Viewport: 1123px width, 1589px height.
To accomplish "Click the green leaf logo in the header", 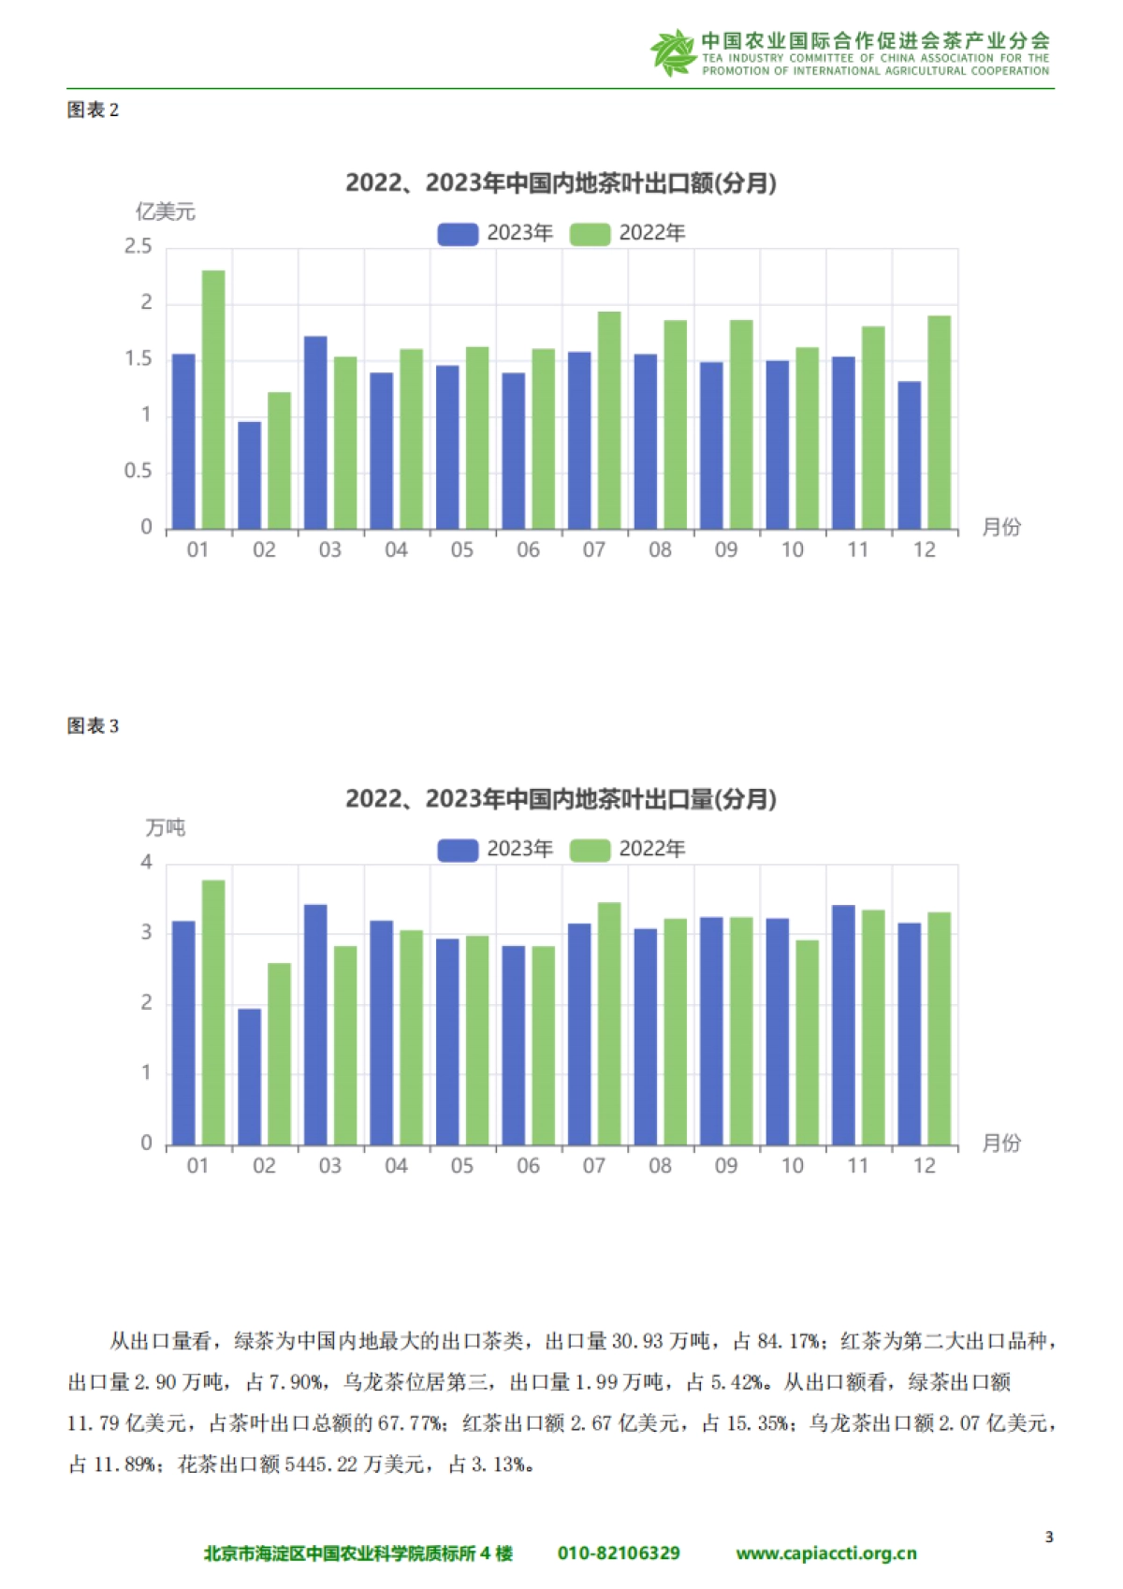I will pos(672,51).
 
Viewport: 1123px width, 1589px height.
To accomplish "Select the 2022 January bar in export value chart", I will pos(213,400).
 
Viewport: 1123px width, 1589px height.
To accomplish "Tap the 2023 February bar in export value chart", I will pos(250,475).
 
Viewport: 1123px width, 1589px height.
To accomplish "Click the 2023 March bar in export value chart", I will pos(315,432).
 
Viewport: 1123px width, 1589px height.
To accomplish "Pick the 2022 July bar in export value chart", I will pos(609,420).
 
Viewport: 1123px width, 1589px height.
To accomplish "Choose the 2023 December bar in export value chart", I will pos(910,455).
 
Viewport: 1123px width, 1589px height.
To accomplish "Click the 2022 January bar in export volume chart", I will pos(213,1012).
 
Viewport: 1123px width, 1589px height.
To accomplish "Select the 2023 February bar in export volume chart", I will pos(250,1076).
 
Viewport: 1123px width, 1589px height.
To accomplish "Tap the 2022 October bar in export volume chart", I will pos(807,1042).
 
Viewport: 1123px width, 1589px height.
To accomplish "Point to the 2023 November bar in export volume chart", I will pos(843,1025).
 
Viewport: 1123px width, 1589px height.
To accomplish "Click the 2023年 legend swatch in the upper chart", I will pos(458,234).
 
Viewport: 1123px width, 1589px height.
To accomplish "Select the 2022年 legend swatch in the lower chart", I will pos(590,850).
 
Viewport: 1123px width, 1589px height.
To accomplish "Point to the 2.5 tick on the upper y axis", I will pos(139,247).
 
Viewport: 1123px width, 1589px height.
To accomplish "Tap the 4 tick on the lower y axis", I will pos(146,863).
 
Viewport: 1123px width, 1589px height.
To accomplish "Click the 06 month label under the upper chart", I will pos(528,550).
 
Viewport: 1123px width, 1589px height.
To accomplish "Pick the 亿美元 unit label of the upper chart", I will pos(166,211).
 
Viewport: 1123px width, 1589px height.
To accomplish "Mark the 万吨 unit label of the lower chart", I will pos(166,827).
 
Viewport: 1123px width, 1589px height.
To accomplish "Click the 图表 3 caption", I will pos(93,726).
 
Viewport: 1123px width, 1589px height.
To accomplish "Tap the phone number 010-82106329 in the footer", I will pos(619,1553).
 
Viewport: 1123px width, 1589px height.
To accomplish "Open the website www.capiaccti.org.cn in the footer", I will pos(826,1553).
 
